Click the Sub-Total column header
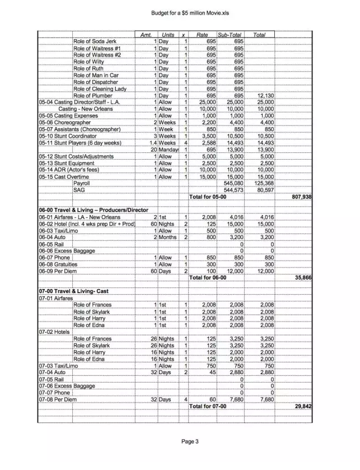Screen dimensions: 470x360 [230, 35]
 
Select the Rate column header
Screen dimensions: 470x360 [202, 35]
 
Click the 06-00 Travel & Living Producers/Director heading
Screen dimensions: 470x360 [93, 210]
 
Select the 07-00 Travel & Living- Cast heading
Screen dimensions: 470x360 [73, 291]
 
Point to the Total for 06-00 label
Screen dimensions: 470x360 [208, 277]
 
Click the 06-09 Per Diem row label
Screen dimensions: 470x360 [58, 271]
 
